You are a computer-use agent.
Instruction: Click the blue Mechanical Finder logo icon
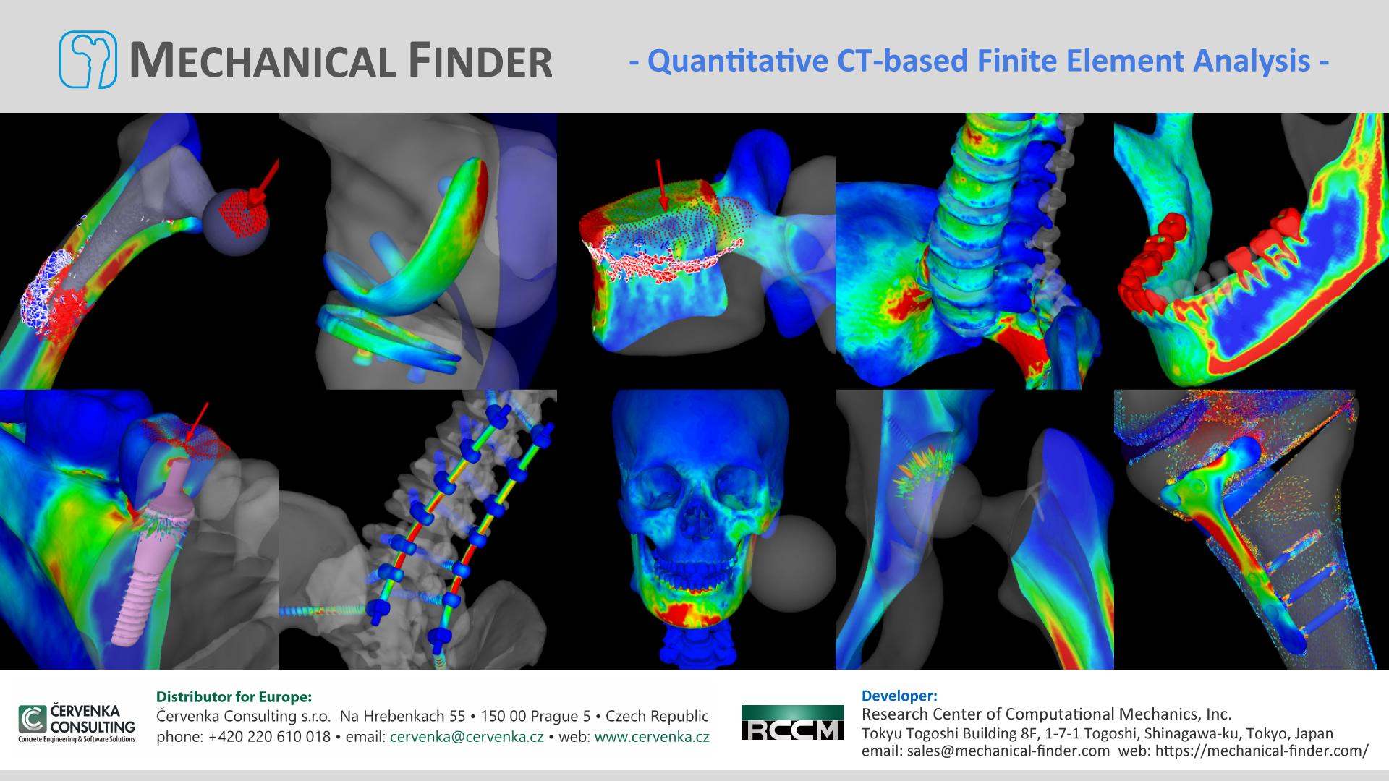click(88, 59)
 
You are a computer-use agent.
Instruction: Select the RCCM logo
click(792, 722)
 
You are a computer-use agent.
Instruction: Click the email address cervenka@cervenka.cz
click(467, 737)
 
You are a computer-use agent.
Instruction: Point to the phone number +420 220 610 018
click(269, 737)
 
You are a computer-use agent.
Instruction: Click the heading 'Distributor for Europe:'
click(234, 697)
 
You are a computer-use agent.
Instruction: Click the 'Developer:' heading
click(899, 696)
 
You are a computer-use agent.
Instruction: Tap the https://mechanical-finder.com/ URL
click(1262, 751)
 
